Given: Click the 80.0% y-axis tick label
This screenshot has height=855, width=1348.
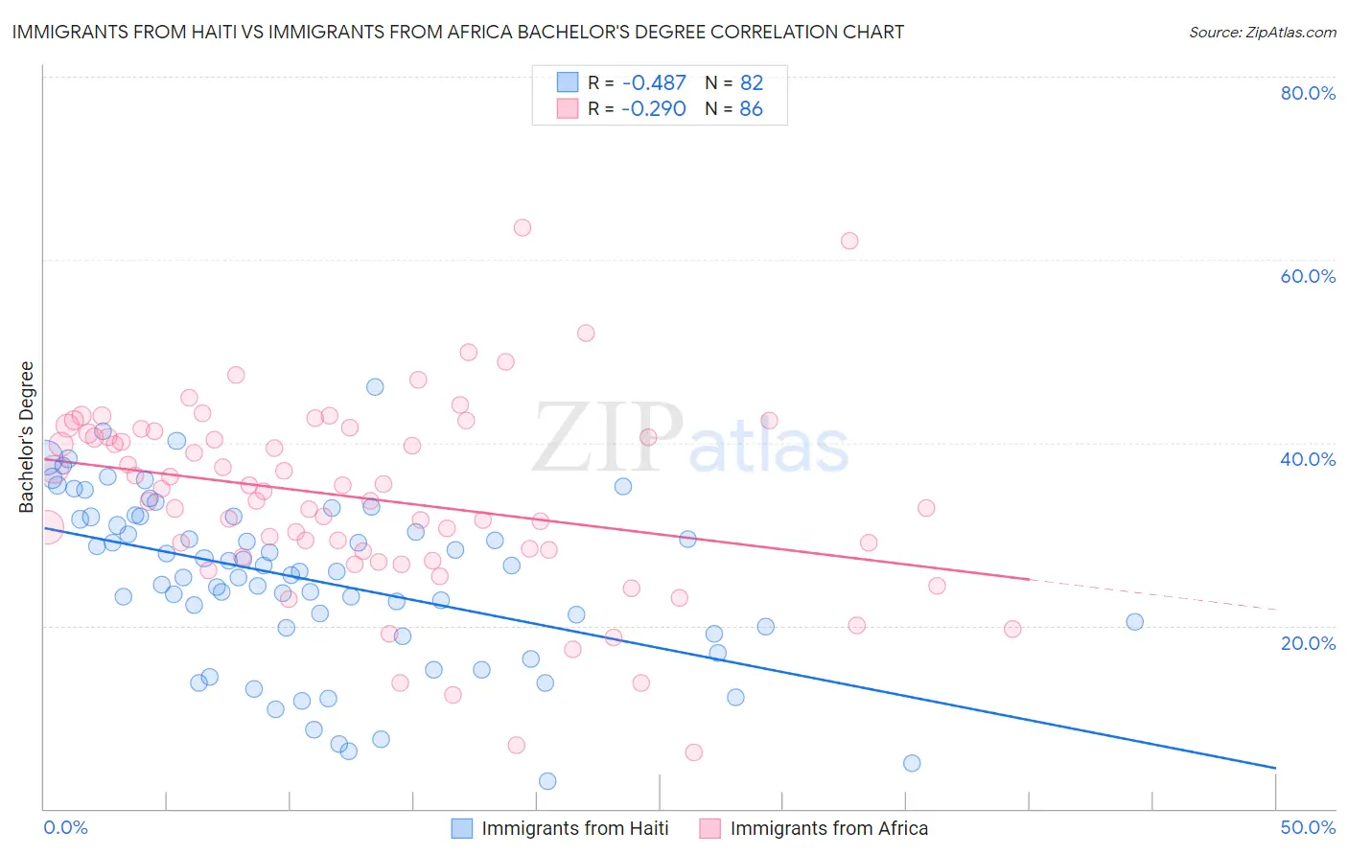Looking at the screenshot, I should coord(1308,93).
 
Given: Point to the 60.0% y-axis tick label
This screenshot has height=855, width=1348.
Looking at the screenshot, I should coord(1308,276).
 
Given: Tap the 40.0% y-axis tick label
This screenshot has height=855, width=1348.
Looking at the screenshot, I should coord(1308,459).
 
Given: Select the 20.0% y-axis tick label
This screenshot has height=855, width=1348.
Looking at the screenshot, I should coord(1308,642).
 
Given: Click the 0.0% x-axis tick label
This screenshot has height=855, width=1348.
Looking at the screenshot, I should coord(66,827).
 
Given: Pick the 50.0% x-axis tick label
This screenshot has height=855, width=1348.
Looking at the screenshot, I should coord(1308,827).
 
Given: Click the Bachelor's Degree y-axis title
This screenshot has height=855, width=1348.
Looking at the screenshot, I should coord(27,436).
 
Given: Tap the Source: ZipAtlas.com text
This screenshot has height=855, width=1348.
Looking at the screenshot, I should coord(1262,33).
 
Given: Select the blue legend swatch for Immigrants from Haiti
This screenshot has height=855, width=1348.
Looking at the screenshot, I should coord(462,828).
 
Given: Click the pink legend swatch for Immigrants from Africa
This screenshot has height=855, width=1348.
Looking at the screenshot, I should coord(709,828).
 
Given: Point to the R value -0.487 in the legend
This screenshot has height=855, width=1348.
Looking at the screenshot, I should coord(654,82).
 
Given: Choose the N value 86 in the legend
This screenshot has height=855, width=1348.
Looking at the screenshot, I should coord(751,109).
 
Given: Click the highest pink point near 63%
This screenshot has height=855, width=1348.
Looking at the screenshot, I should coord(523,227).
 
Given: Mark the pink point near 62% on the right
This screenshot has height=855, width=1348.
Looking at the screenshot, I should coord(849,241).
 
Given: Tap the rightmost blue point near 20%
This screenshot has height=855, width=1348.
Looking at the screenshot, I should coord(1135,621).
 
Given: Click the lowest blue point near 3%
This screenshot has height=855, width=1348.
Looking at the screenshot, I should coord(547,781).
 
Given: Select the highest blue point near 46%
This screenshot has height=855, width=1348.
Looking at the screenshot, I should coord(375,386).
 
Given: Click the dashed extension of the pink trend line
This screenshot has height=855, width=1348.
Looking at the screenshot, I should coord(1150,594).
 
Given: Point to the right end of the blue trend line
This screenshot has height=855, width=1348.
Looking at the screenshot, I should coord(1275,768).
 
